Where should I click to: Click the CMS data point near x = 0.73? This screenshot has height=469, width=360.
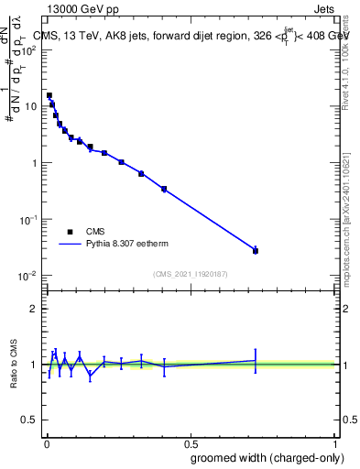click(256, 250)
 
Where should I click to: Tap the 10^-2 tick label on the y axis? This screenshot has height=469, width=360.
click(27, 276)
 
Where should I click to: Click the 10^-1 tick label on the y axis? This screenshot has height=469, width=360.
click(27, 220)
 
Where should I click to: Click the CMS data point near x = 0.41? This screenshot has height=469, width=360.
click(164, 189)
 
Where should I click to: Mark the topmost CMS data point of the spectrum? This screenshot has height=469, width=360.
click(49, 95)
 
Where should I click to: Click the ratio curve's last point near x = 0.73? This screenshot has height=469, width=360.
click(256, 360)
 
